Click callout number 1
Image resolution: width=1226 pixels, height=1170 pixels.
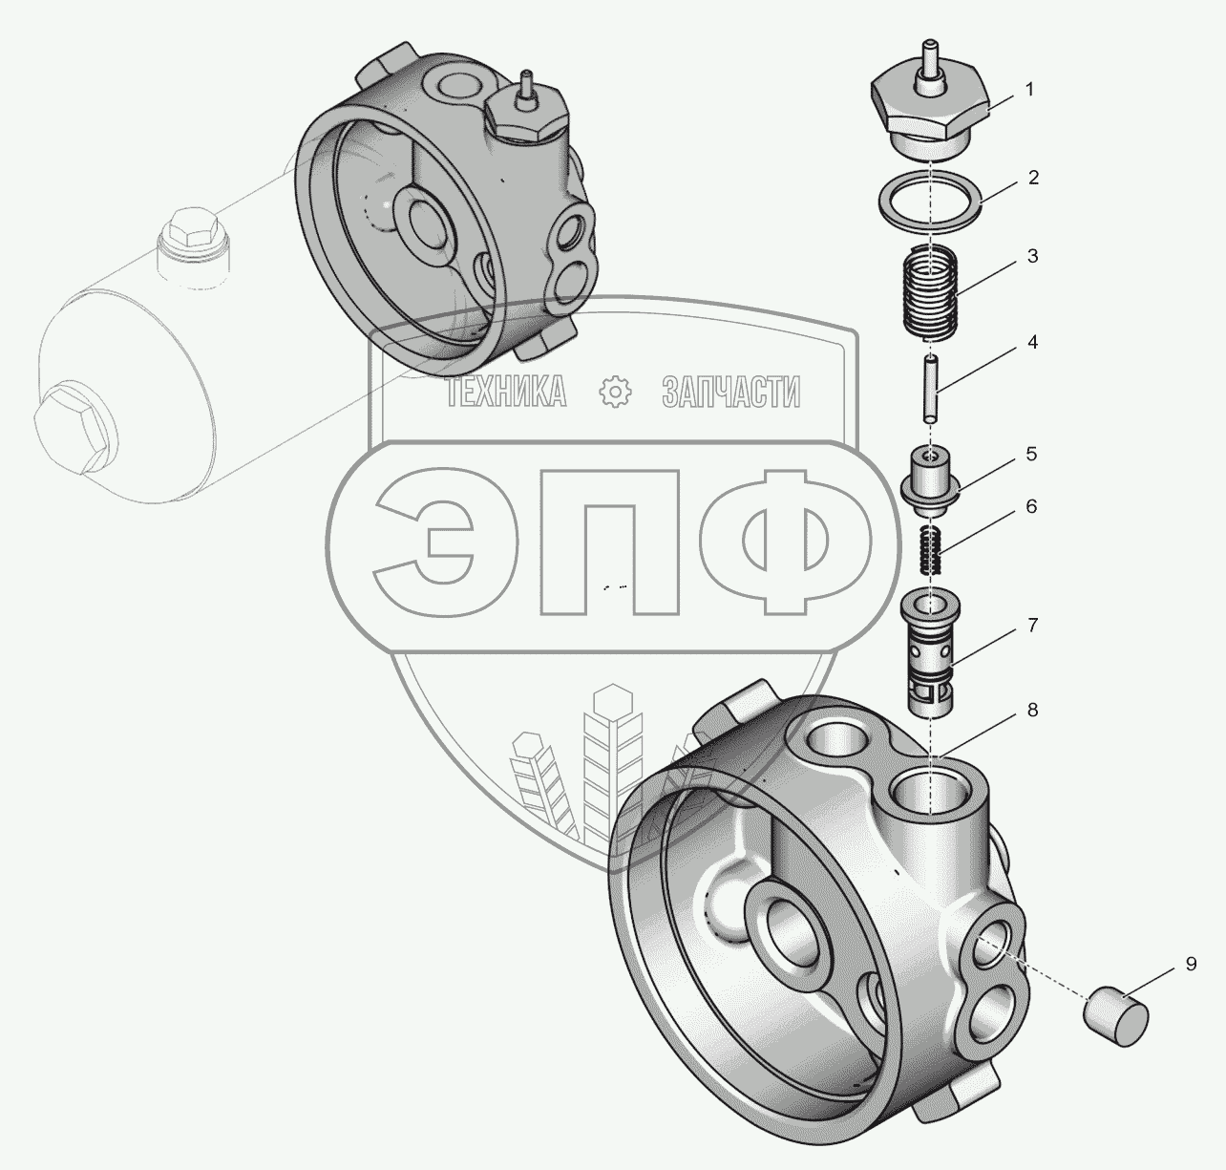click(x=1029, y=90)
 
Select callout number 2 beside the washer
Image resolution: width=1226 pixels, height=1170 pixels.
click(x=1033, y=178)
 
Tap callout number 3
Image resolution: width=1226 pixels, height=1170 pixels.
click(x=1033, y=256)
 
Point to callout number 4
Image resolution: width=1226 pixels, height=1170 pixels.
click(x=1033, y=342)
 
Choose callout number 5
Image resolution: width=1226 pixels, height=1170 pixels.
click(x=1031, y=454)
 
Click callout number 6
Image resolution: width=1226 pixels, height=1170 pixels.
click(x=1031, y=506)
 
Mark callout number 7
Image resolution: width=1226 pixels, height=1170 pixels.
click(x=1033, y=625)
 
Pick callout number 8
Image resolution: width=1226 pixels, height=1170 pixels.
click(x=1033, y=710)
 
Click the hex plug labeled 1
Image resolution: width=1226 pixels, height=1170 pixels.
click(x=929, y=107)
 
